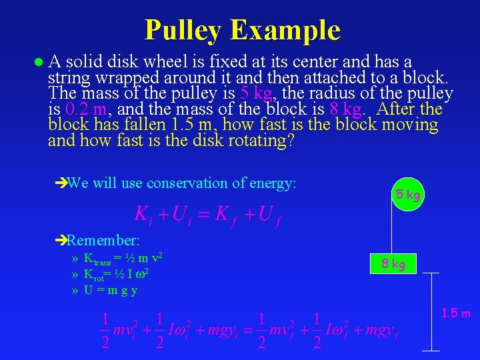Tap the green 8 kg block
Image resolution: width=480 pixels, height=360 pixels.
[x=394, y=264]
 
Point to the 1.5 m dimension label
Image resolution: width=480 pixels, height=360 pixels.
[x=456, y=313]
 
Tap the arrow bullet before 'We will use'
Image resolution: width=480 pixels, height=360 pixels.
[x=61, y=183]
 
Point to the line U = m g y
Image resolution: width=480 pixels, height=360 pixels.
[x=111, y=290]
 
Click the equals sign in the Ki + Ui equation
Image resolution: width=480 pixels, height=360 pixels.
[x=204, y=214]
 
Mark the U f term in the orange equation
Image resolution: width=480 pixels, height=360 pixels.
[x=268, y=215]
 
